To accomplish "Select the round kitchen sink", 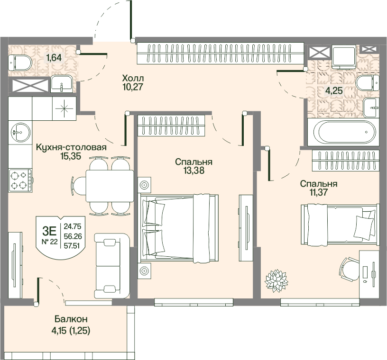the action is pyautogui.click(x=21, y=132).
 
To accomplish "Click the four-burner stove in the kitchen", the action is pyautogui.click(x=20, y=180).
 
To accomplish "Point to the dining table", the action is pyautogui.click(x=110, y=186).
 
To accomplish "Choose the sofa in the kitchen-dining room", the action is pyautogui.click(x=112, y=266).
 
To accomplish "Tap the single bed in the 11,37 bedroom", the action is pyautogui.click(x=340, y=225).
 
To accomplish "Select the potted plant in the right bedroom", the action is pyautogui.click(x=276, y=280).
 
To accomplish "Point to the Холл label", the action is pyautogui.click(x=133, y=79).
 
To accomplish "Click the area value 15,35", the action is pyautogui.click(x=71, y=156).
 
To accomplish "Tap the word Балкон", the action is pyautogui.click(x=71, y=319).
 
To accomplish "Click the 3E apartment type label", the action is pyautogui.click(x=50, y=231).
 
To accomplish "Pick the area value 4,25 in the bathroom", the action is pyautogui.click(x=334, y=90).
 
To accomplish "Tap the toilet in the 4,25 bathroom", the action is pyautogui.click(x=368, y=83).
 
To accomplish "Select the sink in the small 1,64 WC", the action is pyautogui.click(x=62, y=84).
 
